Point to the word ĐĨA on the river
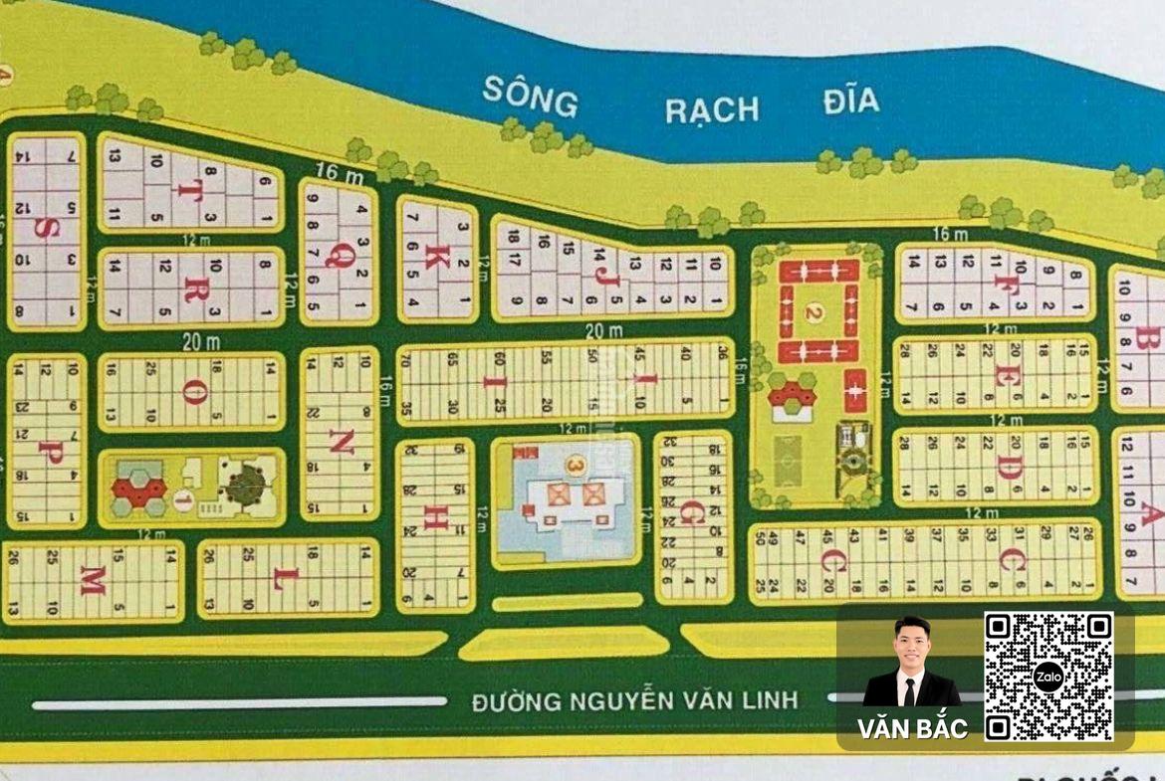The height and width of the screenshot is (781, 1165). point(851,100)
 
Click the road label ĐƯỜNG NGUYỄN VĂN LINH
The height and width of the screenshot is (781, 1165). point(635,700)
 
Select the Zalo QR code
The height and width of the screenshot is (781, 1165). point(1048,677)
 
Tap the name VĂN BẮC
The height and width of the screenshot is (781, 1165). point(913,728)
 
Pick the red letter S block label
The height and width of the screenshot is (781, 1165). point(44,229)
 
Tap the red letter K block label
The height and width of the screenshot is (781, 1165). point(433,257)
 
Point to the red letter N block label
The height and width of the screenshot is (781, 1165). point(340,446)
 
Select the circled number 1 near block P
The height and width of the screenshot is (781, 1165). point(183,500)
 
